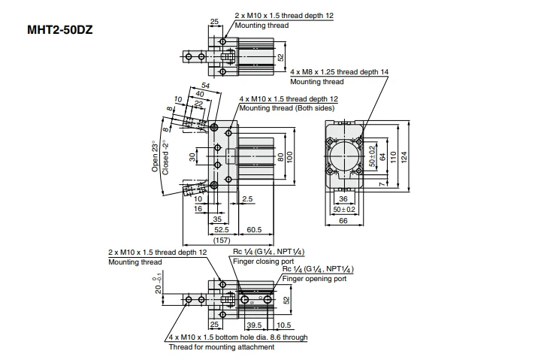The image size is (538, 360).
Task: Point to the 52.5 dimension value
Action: pyautogui.click(x=220, y=229)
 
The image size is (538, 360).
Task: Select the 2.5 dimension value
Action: pyautogui.click(x=249, y=198)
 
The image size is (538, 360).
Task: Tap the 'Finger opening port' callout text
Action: pyautogui.click(x=315, y=278)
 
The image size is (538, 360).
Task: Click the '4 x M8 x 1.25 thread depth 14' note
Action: pyautogui.click(x=339, y=71)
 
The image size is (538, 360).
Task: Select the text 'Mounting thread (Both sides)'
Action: pyautogui.click(x=284, y=107)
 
